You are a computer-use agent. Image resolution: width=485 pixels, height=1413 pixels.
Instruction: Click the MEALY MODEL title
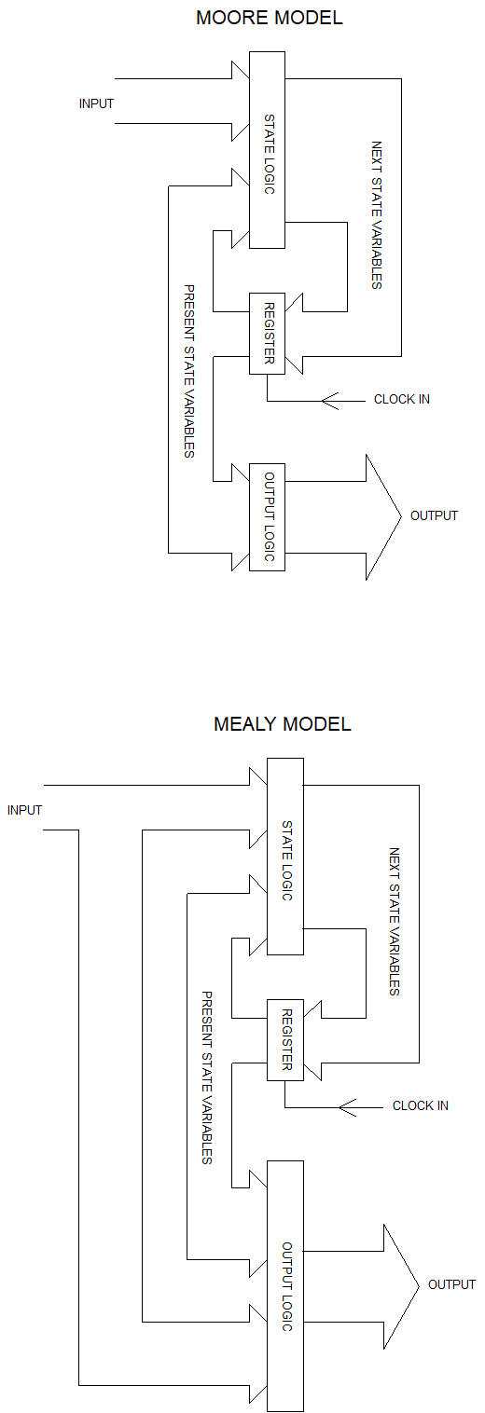tap(282, 724)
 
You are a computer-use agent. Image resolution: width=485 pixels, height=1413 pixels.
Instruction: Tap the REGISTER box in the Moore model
tap(267, 333)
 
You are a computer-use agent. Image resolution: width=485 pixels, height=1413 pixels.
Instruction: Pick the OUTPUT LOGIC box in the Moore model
tap(267, 516)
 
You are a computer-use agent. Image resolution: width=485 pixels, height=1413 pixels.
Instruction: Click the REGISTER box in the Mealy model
tap(285, 1039)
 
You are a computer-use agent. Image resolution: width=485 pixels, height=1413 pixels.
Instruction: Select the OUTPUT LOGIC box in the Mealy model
tap(285, 1286)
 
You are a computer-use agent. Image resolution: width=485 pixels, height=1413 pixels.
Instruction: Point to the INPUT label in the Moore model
tap(96, 103)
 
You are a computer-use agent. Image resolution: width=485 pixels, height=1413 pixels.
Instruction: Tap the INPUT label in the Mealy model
tap(24, 810)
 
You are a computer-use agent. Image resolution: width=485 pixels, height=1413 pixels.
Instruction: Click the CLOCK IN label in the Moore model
tap(402, 400)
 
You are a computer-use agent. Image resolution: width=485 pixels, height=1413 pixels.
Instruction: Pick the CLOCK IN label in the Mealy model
tap(421, 1106)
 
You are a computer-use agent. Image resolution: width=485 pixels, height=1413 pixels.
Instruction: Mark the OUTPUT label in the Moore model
tap(434, 515)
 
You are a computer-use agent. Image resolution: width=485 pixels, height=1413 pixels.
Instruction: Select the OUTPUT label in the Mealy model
tap(451, 1284)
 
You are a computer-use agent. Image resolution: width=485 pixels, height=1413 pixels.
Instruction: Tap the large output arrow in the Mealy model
tap(396, 1285)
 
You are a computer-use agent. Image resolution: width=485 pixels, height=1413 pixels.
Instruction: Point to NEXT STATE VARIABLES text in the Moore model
tap(377, 215)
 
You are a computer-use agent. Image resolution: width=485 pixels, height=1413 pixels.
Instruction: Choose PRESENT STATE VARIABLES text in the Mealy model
tap(207, 1077)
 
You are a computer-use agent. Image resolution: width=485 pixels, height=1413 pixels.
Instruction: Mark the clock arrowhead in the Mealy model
tap(348, 1106)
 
